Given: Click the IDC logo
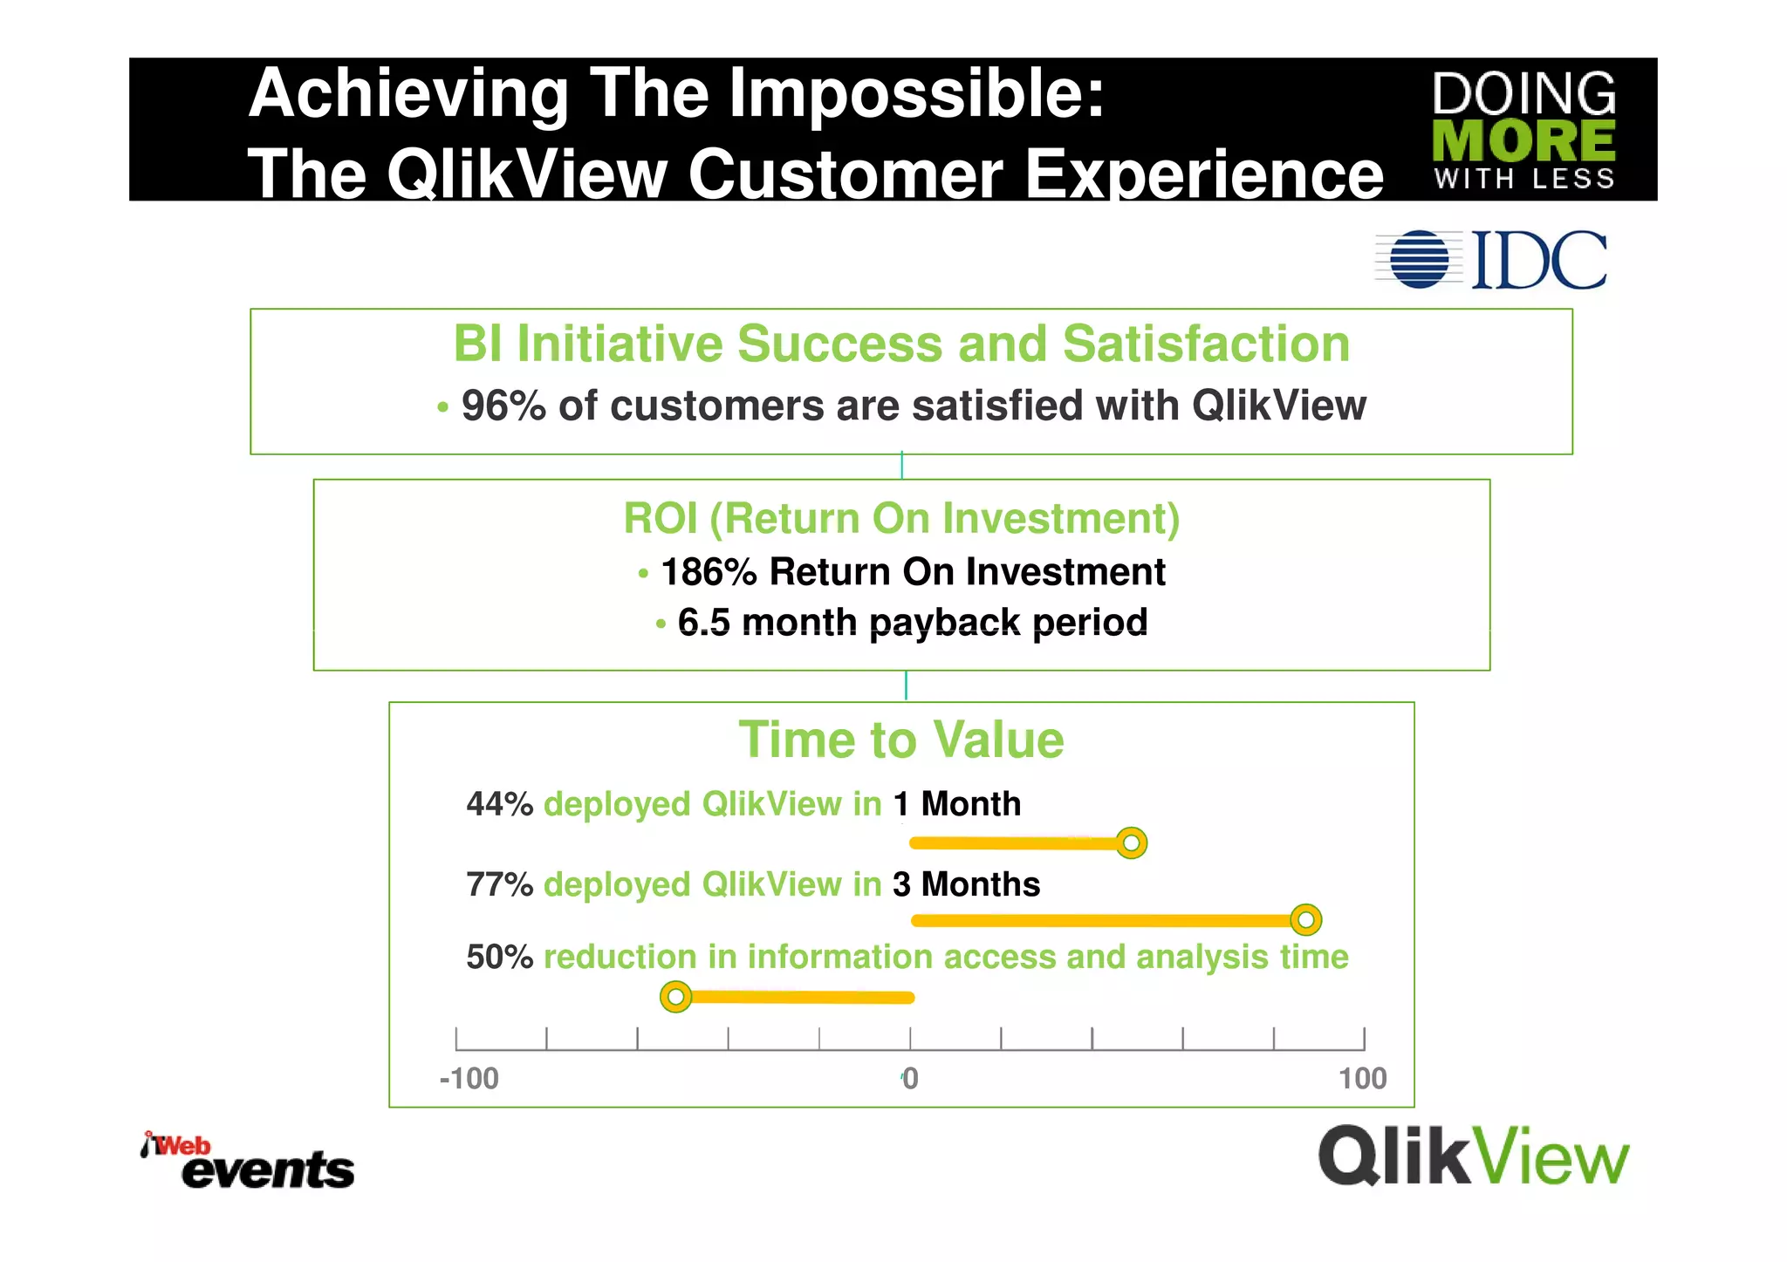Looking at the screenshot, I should (1492, 260).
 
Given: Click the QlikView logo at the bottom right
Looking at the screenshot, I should (1473, 1156).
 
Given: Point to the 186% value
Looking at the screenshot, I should (709, 572).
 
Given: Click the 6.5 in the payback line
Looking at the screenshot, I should (703, 623).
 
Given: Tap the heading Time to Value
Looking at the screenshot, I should (900, 740).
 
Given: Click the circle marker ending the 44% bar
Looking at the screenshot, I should (1131, 843).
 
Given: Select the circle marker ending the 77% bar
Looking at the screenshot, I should (1305, 919).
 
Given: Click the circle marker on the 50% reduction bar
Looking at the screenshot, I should (675, 996).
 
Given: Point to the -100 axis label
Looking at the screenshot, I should (469, 1079).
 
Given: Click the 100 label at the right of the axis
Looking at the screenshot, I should (1362, 1079).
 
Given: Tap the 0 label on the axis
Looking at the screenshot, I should (910, 1079).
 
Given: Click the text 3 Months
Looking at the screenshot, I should (966, 884).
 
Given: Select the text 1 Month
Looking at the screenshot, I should (956, 804).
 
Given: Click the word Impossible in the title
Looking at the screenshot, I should (916, 93).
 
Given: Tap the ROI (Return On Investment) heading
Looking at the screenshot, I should (900, 519).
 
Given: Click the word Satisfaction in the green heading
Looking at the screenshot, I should (1206, 344).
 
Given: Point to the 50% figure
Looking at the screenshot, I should (499, 958).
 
